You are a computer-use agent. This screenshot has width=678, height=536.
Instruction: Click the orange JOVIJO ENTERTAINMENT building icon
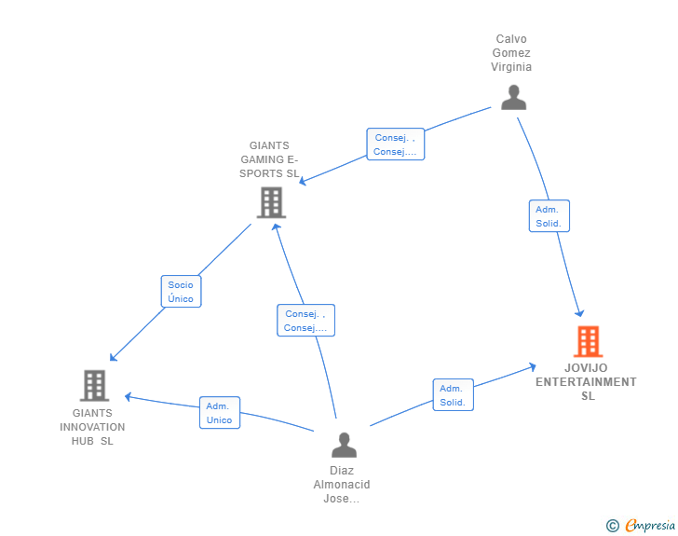point(588,341)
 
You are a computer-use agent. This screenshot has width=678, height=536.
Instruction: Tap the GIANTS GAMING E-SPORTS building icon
point(271,202)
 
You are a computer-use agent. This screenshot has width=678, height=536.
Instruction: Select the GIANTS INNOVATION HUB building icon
point(94,385)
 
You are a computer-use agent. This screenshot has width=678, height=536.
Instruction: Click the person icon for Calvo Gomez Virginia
point(513,97)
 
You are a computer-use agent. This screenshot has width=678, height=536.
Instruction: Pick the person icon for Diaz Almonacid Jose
point(344,445)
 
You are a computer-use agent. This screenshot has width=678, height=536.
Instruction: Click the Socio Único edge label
point(181,292)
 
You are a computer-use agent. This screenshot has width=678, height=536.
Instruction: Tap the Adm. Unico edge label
point(220,413)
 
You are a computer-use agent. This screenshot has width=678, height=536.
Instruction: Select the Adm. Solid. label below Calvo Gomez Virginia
point(549,216)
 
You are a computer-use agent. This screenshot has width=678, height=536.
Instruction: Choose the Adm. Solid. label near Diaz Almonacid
point(453,395)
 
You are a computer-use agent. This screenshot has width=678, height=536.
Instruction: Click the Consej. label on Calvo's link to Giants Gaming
point(395,144)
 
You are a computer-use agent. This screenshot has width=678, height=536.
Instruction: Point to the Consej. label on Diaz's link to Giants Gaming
point(305,321)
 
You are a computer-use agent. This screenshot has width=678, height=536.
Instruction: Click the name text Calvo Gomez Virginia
point(512,53)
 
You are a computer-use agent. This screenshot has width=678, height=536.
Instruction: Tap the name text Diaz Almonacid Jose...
point(342,485)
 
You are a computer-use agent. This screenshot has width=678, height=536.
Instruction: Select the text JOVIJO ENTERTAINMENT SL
point(587,381)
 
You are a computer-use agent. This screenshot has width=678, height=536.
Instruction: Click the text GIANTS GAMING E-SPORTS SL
point(269,159)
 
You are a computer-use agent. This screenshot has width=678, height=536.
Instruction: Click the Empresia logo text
point(651,526)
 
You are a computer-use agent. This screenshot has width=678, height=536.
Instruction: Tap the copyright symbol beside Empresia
point(613,526)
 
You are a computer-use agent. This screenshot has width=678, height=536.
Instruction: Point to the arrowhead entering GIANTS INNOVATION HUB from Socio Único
point(113,358)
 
